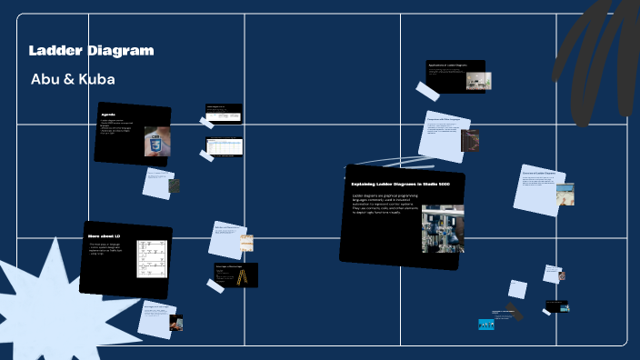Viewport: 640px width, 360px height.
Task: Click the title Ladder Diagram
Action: [x=91, y=50]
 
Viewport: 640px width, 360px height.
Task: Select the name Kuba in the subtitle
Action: [x=95, y=79]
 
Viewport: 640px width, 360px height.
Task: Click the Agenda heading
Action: [x=108, y=115]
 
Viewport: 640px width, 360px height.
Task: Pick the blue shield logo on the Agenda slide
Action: [x=155, y=142]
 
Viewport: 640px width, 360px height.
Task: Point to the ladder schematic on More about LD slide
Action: [x=151, y=259]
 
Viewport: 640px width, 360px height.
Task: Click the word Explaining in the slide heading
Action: [x=370, y=185]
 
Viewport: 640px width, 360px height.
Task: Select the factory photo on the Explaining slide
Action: [x=443, y=228]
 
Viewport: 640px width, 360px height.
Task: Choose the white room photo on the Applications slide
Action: [x=474, y=81]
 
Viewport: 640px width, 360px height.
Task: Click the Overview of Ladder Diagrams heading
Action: [x=539, y=172]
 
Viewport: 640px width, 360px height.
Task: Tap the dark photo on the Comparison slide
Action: [x=469, y=141]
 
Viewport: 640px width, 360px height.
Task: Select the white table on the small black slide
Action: [x=224, y=145]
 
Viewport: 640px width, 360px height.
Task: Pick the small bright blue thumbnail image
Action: [x=486, y=324]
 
